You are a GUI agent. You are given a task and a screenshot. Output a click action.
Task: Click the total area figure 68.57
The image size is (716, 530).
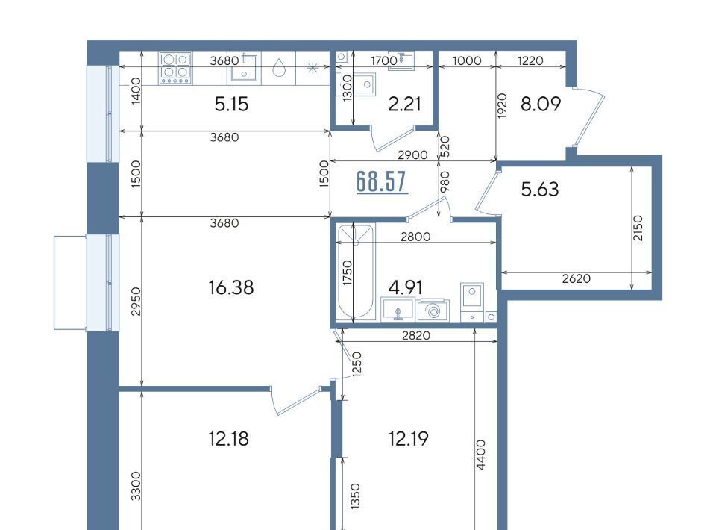[x=381, y=182]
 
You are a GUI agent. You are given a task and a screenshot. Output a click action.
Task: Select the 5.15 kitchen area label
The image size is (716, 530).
[x=231, y=105]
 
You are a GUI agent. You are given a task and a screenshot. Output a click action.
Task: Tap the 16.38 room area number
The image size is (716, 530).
[x=231, y=288]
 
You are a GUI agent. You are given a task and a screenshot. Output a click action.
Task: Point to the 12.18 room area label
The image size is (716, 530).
[x=229, y=439]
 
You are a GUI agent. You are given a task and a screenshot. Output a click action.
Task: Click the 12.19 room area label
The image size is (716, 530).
[x=408, y=439]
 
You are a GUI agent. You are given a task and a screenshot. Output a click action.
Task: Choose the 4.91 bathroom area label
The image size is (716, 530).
[x=406, y=288]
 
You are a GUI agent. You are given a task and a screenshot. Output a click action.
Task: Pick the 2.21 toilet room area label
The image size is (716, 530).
[x=404, y=105]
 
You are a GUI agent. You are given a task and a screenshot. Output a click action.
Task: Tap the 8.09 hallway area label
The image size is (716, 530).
[x=541, y=105]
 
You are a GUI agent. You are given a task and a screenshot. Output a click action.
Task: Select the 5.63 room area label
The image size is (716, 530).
[x=540, y=189]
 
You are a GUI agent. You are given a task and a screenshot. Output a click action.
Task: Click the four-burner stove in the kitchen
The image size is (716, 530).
[x=175, y=68]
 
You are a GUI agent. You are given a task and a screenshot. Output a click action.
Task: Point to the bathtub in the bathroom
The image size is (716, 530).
[x=355, y=272]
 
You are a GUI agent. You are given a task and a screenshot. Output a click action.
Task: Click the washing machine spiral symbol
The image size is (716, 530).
[x=433, y=311]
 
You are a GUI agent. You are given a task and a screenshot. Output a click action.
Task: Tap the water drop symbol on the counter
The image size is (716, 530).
[x=279, y=69]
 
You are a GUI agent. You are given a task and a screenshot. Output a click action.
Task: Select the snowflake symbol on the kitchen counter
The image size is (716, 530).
[x=313, y=69]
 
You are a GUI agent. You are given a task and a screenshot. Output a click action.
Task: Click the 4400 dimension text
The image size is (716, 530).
[x=481, y=455]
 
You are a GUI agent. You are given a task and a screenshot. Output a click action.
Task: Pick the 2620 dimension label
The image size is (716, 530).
[x=577, y=278]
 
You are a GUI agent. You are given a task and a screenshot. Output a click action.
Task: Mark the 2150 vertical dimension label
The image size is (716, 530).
[x=638, y=228]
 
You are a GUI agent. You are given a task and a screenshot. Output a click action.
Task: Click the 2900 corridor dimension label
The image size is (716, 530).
[x=412, y=155]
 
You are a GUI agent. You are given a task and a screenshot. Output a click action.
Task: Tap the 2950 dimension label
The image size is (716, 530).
[x=136, y=302]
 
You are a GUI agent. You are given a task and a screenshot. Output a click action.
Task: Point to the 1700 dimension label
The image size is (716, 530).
[x=384, y=60]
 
